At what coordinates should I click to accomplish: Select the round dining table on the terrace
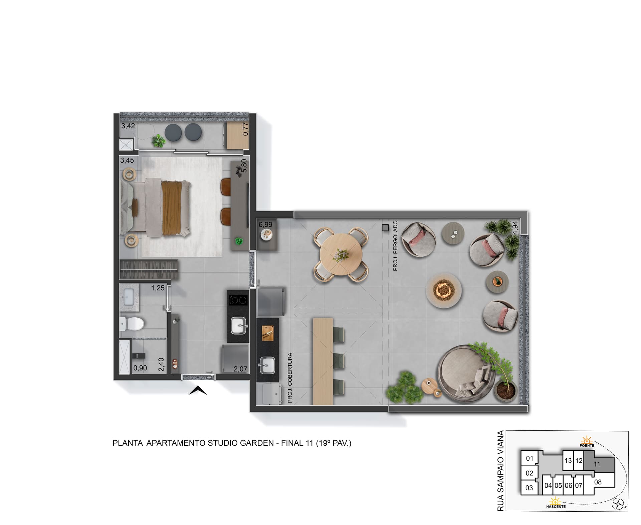[x=341, y=255]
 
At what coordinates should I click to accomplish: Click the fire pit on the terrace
[x=444, y=291]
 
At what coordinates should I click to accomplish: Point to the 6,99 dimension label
[x=265, y=225]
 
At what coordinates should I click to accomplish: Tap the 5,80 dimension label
[x=244, y=165]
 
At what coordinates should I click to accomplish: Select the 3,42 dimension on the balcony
[x=128, y=126]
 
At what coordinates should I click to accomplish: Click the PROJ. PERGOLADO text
[x=396, y=245]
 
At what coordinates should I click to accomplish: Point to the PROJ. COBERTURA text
[x=290, y=378]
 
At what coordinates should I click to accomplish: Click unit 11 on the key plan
[x=597, y=464]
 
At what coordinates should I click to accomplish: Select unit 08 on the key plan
[x=598, y=482]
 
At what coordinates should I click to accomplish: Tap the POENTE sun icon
[x=587, y=440]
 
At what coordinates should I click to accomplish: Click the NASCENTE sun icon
[x=555, y=501]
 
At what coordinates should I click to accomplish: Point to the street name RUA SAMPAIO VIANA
[x=500, y=471]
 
